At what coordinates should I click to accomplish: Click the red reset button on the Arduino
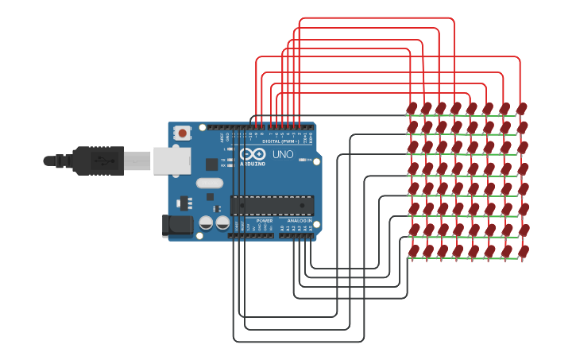click(x=183, y=133)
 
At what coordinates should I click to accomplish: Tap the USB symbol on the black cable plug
click(x=102, y=160)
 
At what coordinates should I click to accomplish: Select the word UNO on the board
click(x=283, y=154)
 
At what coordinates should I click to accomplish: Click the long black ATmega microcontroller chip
click(x=272, y=205)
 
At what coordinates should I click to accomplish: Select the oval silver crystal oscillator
click(x=209, y=183)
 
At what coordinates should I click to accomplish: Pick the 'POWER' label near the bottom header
click(x=265, y=220)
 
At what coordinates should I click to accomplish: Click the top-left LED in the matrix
click(x=412, y=108)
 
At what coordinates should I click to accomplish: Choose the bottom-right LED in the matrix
click(x=523, y=251)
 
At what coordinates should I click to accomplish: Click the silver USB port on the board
click(x=171, y=160)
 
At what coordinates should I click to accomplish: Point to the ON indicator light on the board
click(x=303, y=160)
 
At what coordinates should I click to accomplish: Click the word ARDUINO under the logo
click(x=253, y=164)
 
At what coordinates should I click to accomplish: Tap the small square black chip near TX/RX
click(x=211, y=165)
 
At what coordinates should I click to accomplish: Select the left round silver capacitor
click(x=206, y=223)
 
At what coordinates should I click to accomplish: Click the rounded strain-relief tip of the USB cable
click(x=49, y=161)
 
